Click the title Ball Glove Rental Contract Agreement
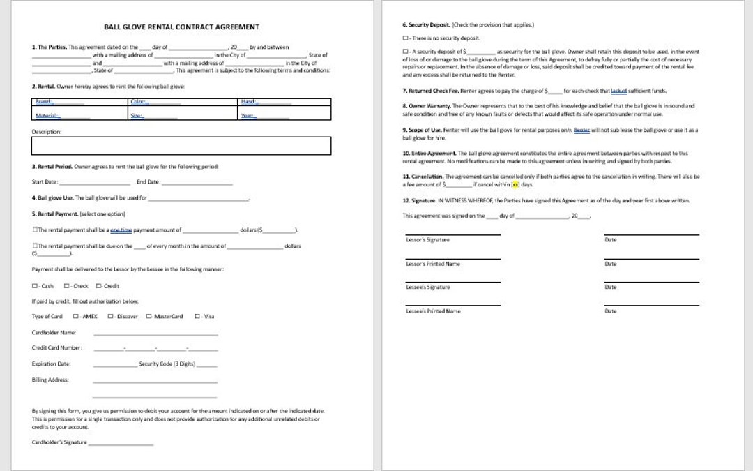click(181, 27)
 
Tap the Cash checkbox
click(35, 286)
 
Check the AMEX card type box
click(75, 317)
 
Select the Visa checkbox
click(197, 317)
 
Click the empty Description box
click(181, 145)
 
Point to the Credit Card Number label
click(56, 347)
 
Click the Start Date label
click(45, 182)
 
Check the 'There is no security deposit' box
click(405, 38)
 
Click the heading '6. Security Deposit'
click(427, 25)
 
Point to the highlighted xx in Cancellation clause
click(515, 185)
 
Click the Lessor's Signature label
click(427, 240)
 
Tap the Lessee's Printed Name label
click(432, 311)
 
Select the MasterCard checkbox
click(149, 317)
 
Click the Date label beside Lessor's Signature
click(610, 240)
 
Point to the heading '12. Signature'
click(419, 201)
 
